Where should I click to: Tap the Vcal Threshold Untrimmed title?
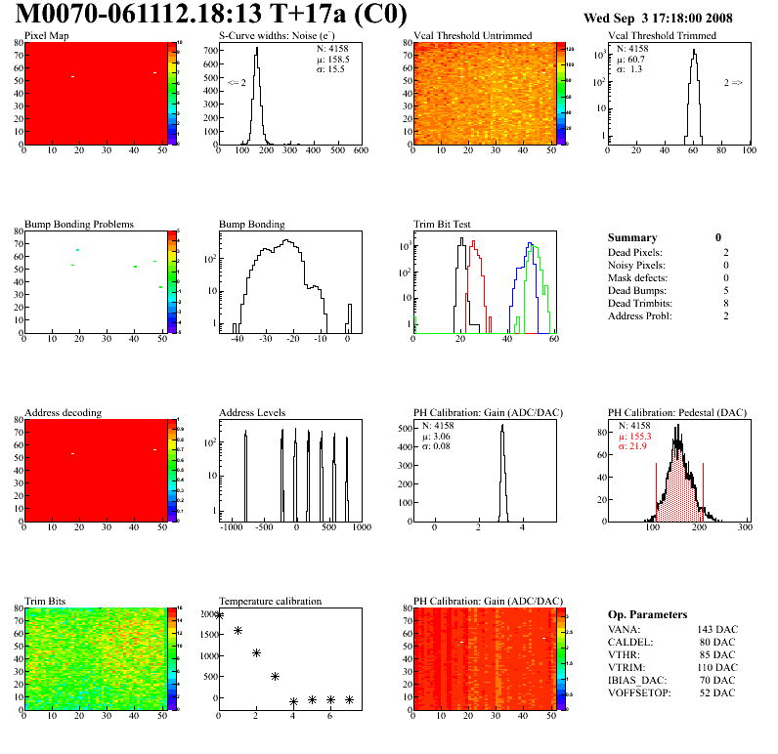[472, 36]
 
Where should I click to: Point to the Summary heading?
[632, 237]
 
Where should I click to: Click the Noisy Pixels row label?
[636, 265]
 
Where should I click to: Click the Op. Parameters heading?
[647, 614]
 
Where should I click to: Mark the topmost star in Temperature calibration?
[220, 615]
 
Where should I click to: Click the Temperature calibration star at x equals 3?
[275, 676]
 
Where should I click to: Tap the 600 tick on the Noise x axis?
[361, 150]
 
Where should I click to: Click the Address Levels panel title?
[252, 413]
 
